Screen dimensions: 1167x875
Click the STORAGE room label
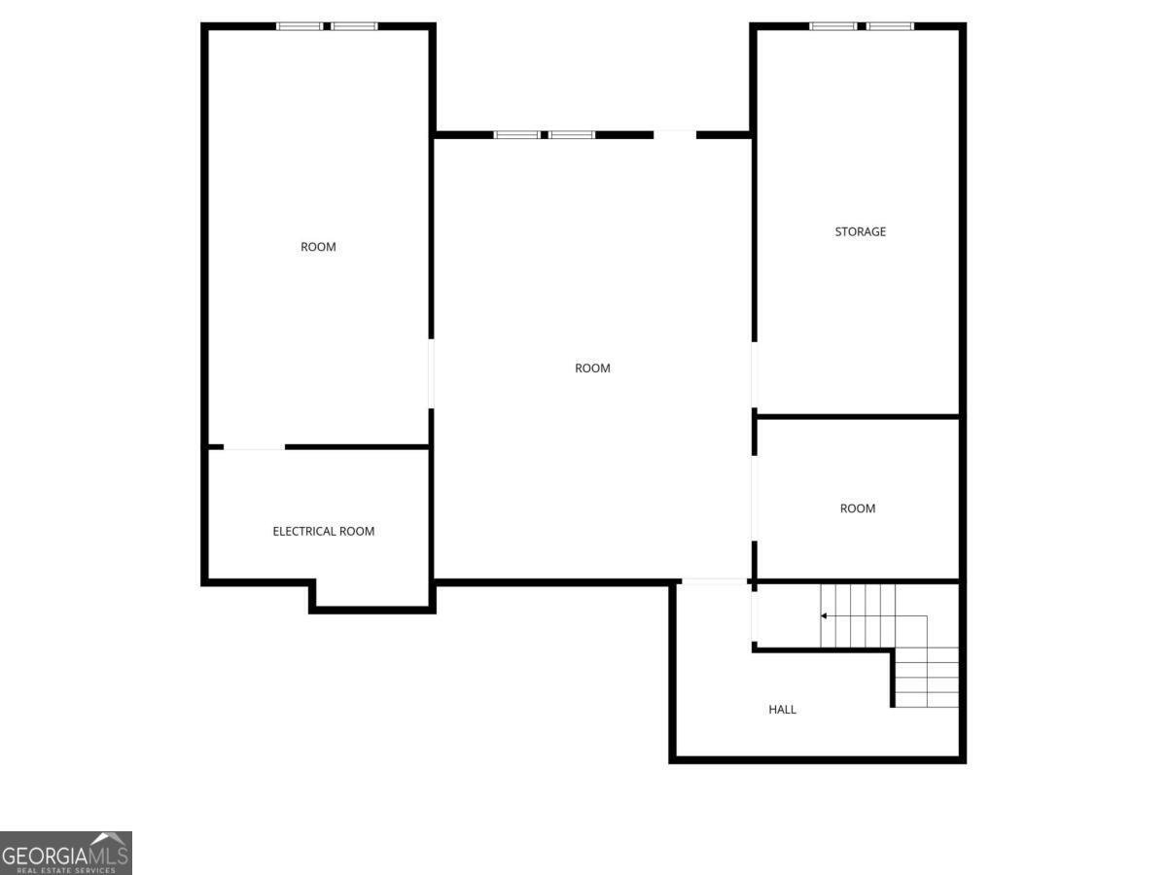pos(860,231)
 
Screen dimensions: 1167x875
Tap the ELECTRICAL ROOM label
pos(323,531)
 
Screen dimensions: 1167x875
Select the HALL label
pos(782,710)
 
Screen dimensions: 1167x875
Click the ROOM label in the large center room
pos(592,367)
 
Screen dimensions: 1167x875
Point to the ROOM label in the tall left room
pos(318,247)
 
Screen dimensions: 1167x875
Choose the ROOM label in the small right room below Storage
pos(857,508)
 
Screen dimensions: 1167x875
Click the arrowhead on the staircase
pos(823,615)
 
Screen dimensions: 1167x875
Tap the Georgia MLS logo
pos(66,854)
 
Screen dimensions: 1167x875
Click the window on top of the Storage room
pos(862,26)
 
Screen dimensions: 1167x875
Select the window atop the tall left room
pos(327,26)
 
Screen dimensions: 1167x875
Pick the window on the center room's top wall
pos(544,135)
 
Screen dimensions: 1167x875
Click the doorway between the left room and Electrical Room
pos(254,447)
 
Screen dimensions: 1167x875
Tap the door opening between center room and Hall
pos(714,581)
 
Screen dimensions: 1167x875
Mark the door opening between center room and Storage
pos(755,374)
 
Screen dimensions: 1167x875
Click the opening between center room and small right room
pos(755,499)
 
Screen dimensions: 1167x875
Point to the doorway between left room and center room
pos(431,373)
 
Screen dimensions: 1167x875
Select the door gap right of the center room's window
pos(675,135)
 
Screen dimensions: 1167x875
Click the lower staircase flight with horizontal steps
pos(927,678)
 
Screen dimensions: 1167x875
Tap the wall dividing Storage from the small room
pos(858,416)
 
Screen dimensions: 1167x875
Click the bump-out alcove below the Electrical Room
pos(372,594)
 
